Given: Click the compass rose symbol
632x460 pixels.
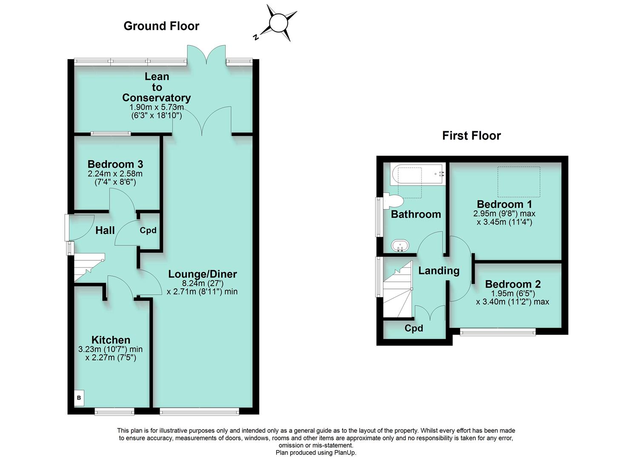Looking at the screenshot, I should coord(279,23).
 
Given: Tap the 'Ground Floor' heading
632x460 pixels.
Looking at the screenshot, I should coord(161,26).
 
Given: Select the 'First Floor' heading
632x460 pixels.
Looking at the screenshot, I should coord(471,135).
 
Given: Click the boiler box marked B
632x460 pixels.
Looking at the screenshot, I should coord(79,398).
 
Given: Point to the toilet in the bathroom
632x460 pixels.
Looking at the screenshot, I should coord(394,201).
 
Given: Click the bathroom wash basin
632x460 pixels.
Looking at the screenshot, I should coord(400,246).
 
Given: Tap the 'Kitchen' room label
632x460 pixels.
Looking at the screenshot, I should coord(111,339).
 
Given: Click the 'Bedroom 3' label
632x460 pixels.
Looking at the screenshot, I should coord(115,164).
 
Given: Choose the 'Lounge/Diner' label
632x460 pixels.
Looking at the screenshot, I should coord(202,274).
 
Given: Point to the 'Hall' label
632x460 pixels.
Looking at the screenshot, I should coord(105,230).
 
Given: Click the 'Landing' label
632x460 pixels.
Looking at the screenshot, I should coord(438,270).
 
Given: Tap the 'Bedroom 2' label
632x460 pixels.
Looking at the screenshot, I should coord(512,284).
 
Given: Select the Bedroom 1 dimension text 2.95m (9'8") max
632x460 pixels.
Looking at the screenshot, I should coord(504,213).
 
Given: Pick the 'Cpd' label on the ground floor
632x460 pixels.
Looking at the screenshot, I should coord(148,230).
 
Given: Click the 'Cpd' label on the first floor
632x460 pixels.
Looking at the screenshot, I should coord(414,328).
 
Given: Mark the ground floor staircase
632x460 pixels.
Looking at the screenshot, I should coord(89,267).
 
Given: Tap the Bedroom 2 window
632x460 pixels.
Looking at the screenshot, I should coord(498,331).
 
